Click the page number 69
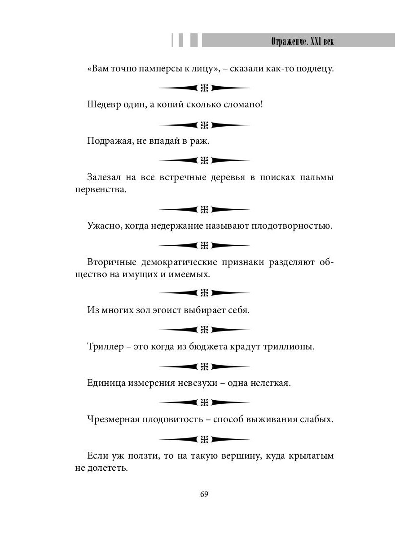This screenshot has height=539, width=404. tap(204, 494)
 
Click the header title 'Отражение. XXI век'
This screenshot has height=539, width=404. tap(303, 41)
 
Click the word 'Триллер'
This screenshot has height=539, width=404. tap(105, 347)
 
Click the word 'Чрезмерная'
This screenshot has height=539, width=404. tap(113, 420)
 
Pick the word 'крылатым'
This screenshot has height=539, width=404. tap(313, 455)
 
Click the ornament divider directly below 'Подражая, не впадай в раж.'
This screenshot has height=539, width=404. tap(204, 160)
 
